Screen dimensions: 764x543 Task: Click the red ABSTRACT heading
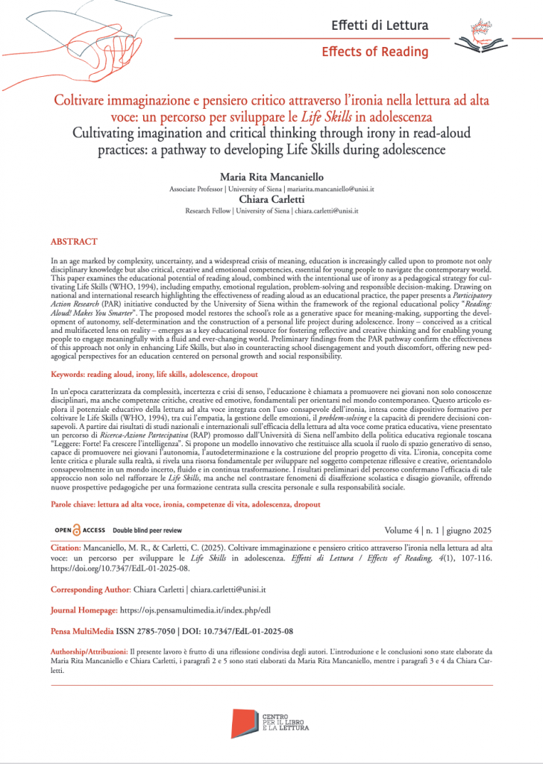point(74,242)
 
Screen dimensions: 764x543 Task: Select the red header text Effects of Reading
point(375,51)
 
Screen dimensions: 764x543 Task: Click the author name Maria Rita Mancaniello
point(271,176)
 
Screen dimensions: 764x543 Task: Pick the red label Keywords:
point(73,373)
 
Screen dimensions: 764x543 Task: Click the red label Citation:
point(69,548)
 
